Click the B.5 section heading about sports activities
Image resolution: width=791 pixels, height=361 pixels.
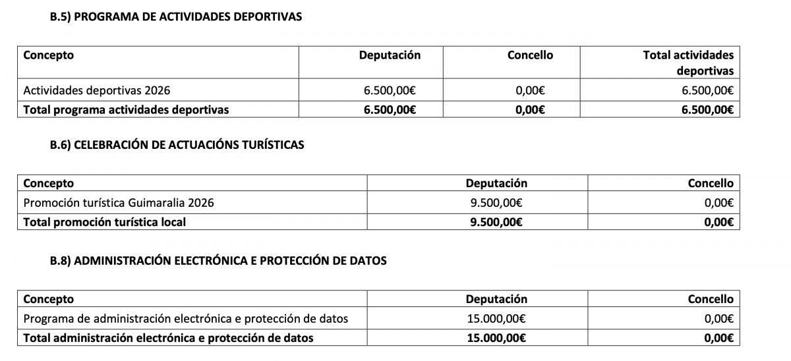(176, 17)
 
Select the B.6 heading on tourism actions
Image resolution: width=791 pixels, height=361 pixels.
(177, 145)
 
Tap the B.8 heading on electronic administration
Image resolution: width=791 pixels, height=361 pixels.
(218, 261)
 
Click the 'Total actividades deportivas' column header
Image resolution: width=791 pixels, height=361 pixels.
(688, 63)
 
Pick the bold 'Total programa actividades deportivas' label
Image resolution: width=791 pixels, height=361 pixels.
(126, 110)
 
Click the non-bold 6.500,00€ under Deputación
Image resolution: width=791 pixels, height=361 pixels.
(389, 91)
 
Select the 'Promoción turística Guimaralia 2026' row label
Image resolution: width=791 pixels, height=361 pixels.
(119, 203)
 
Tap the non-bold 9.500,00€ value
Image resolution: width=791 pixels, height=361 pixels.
(496, 203)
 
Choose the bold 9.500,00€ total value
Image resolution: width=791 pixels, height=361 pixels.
(496, 222)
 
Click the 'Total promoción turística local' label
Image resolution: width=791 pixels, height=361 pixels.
(104, 222)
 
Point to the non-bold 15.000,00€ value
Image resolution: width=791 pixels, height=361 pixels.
(496, 319)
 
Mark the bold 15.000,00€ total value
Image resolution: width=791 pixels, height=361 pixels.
(496, 338)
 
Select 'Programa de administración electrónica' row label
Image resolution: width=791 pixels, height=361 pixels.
(185, 319)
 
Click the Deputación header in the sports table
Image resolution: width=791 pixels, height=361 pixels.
(390, 55)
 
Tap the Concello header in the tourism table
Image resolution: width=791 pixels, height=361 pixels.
(711, 183)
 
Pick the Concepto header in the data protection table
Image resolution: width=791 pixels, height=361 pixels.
(48, 299)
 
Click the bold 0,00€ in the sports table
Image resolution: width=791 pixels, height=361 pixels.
(530, 110)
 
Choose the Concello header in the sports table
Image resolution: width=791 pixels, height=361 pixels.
(530, 55)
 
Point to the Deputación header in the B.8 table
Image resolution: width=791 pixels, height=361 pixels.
(496, 299)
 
